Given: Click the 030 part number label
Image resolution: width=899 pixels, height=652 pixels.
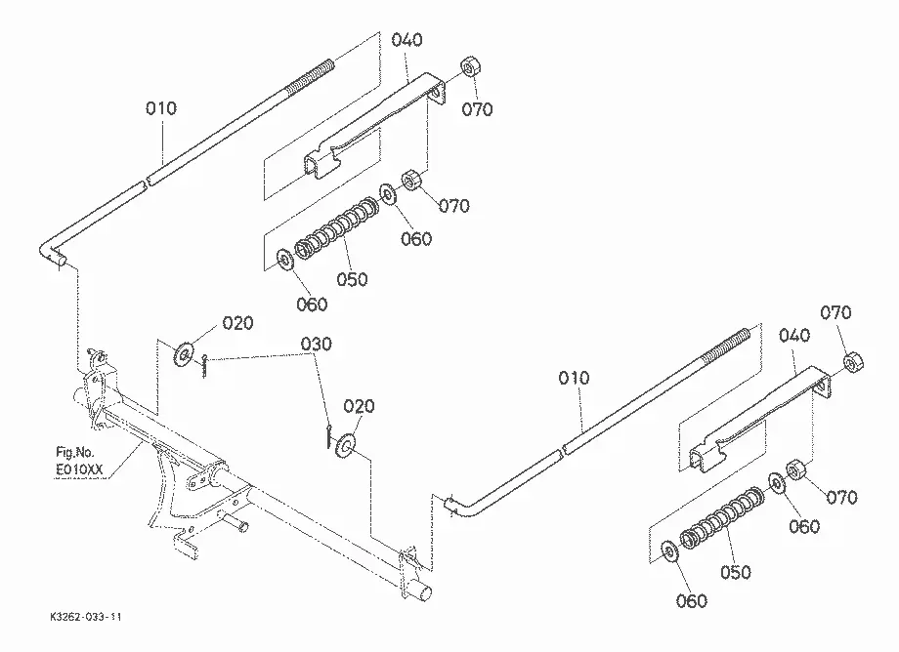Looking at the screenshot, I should [317, 345].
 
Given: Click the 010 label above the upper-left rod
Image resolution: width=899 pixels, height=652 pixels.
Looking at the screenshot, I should [161, 108].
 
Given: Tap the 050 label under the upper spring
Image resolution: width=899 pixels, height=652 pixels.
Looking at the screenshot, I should [352, 280].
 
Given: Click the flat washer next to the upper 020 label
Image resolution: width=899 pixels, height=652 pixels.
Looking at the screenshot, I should [184, 352].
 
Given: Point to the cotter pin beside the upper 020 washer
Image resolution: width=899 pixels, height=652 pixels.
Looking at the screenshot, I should [204, 369].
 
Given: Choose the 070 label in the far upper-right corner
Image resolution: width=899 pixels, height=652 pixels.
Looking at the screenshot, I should [835, 313].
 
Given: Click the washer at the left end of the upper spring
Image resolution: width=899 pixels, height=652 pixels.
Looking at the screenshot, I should [286, 260].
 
